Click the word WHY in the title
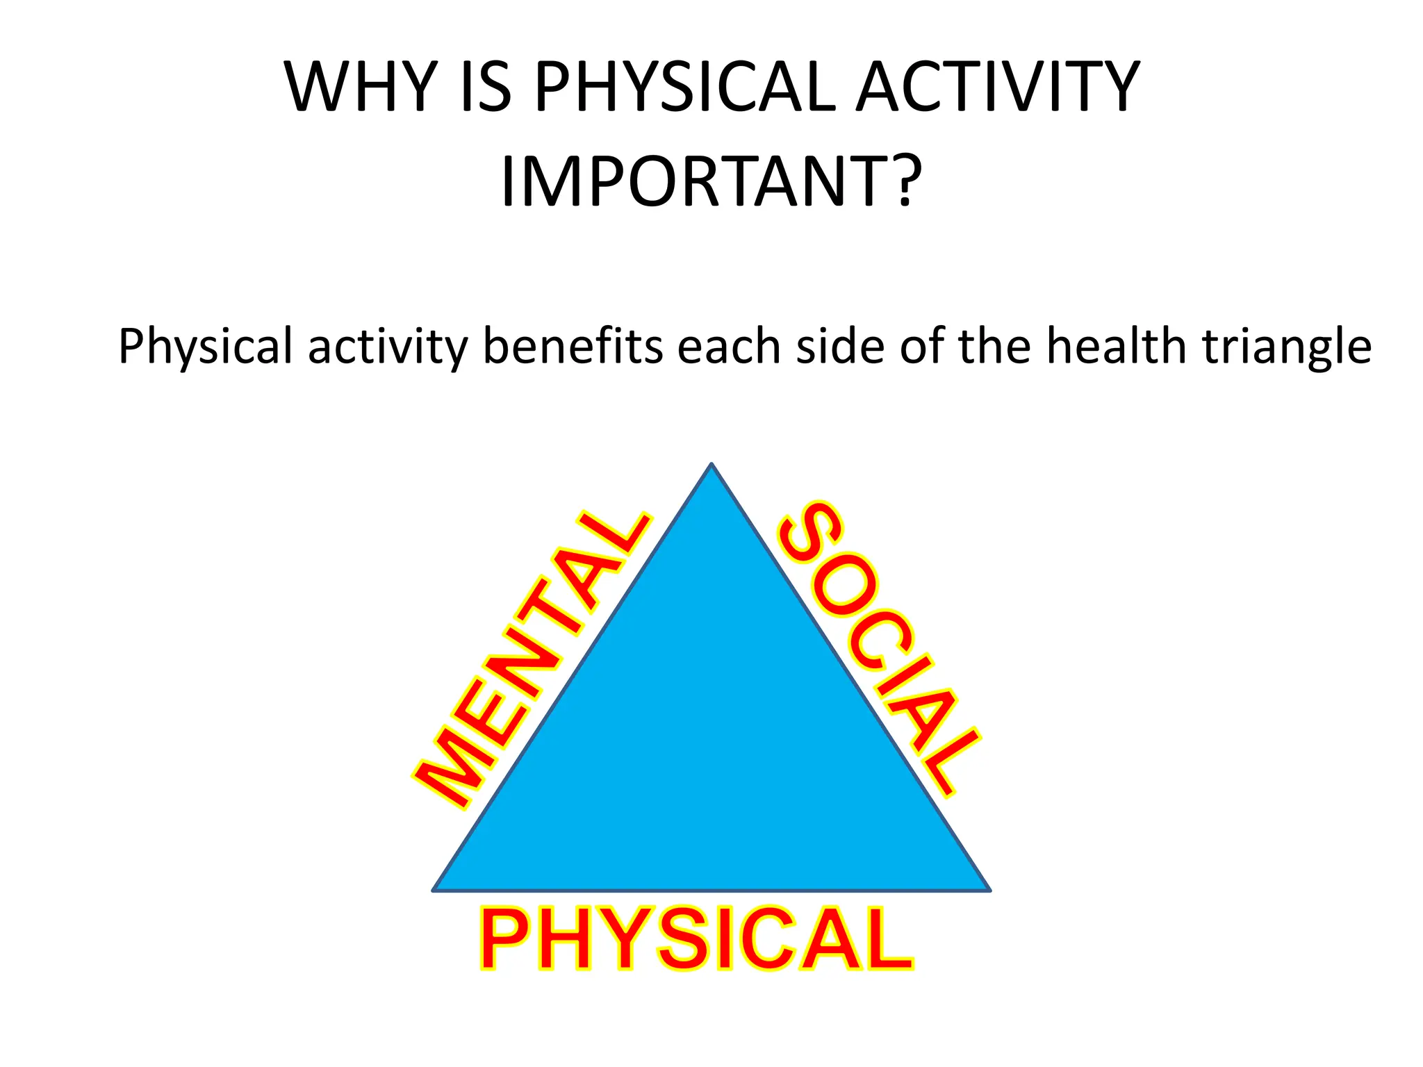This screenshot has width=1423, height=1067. tap(360, 88)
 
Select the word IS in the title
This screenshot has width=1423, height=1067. tap(486, 88)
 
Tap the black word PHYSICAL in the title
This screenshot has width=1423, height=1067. tap(685, 88)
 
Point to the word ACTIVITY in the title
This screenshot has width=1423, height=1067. tap(998, 88)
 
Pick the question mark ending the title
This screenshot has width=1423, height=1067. tap(906, 182)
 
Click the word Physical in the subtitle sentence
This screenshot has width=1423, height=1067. tap(206, 346)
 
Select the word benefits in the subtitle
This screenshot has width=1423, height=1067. tap(573, 346)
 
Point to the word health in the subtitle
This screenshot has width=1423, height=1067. tap(1116, 346)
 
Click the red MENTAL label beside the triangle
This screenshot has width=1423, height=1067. tap(532, 660)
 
